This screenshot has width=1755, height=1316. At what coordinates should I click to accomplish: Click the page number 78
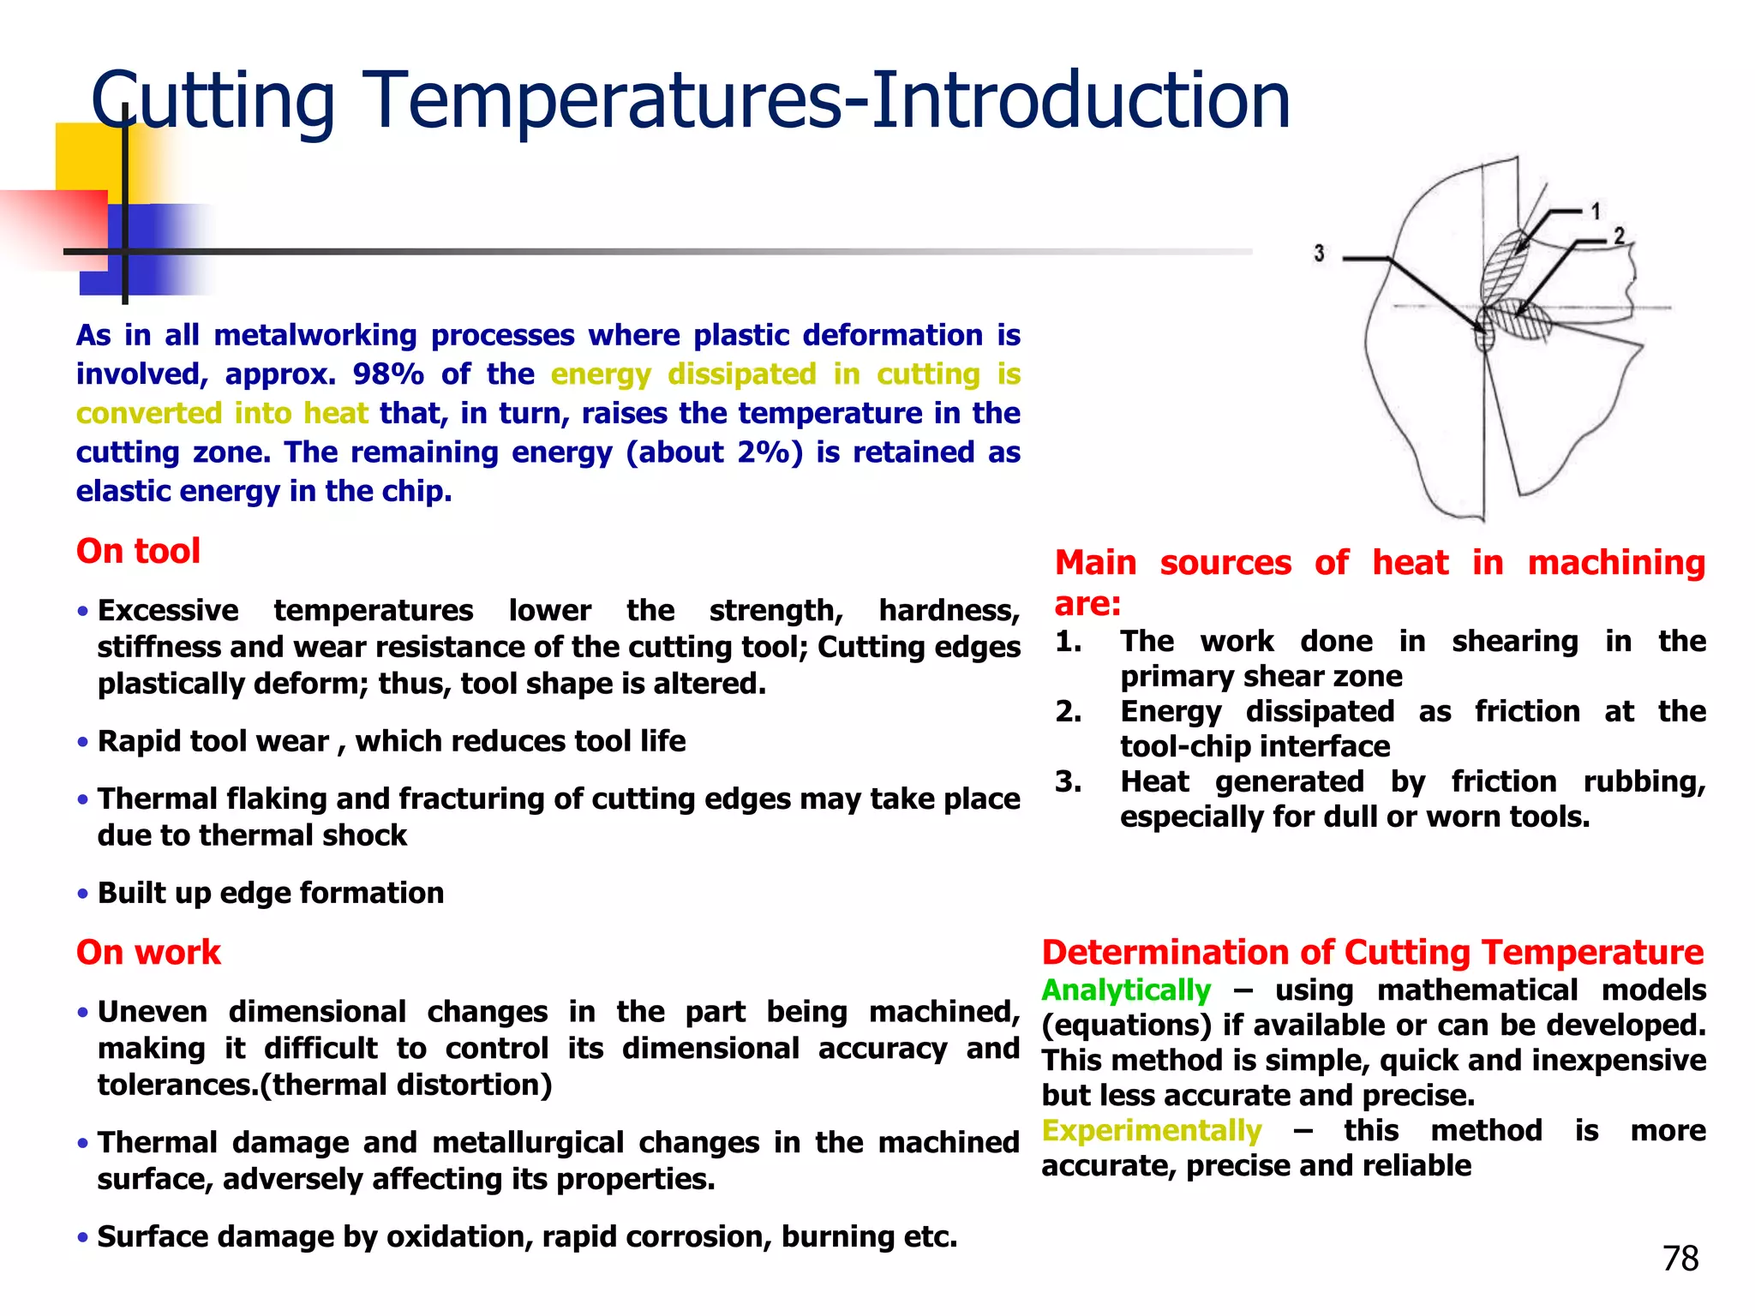click(x=1680, y=1259)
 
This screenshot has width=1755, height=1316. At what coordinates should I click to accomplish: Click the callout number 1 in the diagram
click(x=1596, y=211)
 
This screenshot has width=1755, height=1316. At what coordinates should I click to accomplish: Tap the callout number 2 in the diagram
click(x=1619, y=235)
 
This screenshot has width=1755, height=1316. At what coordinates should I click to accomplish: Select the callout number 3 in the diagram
click(x=1319, y=253)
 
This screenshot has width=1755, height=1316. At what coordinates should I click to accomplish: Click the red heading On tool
click(x=138, y=551)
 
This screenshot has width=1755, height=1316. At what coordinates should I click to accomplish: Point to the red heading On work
click(x=148, y=952)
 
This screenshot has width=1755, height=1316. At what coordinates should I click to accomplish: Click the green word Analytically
click(x=1126, y=990)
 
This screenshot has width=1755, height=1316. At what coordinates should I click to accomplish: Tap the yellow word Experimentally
click(x=1151, y=1131)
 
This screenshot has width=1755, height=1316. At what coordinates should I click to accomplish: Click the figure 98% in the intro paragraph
click(x=388, y=374)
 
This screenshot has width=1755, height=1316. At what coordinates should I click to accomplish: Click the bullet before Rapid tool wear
click(x=82, y=742)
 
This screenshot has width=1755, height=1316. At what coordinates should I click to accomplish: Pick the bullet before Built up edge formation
click(x=82, y=894)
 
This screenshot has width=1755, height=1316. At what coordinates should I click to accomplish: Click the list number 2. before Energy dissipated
click(x=1068, y=711)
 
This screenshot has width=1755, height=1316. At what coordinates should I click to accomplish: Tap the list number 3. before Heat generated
click(x=1068, y=781)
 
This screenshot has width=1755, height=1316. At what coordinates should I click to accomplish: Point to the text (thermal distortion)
click(x=406, y=1085)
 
